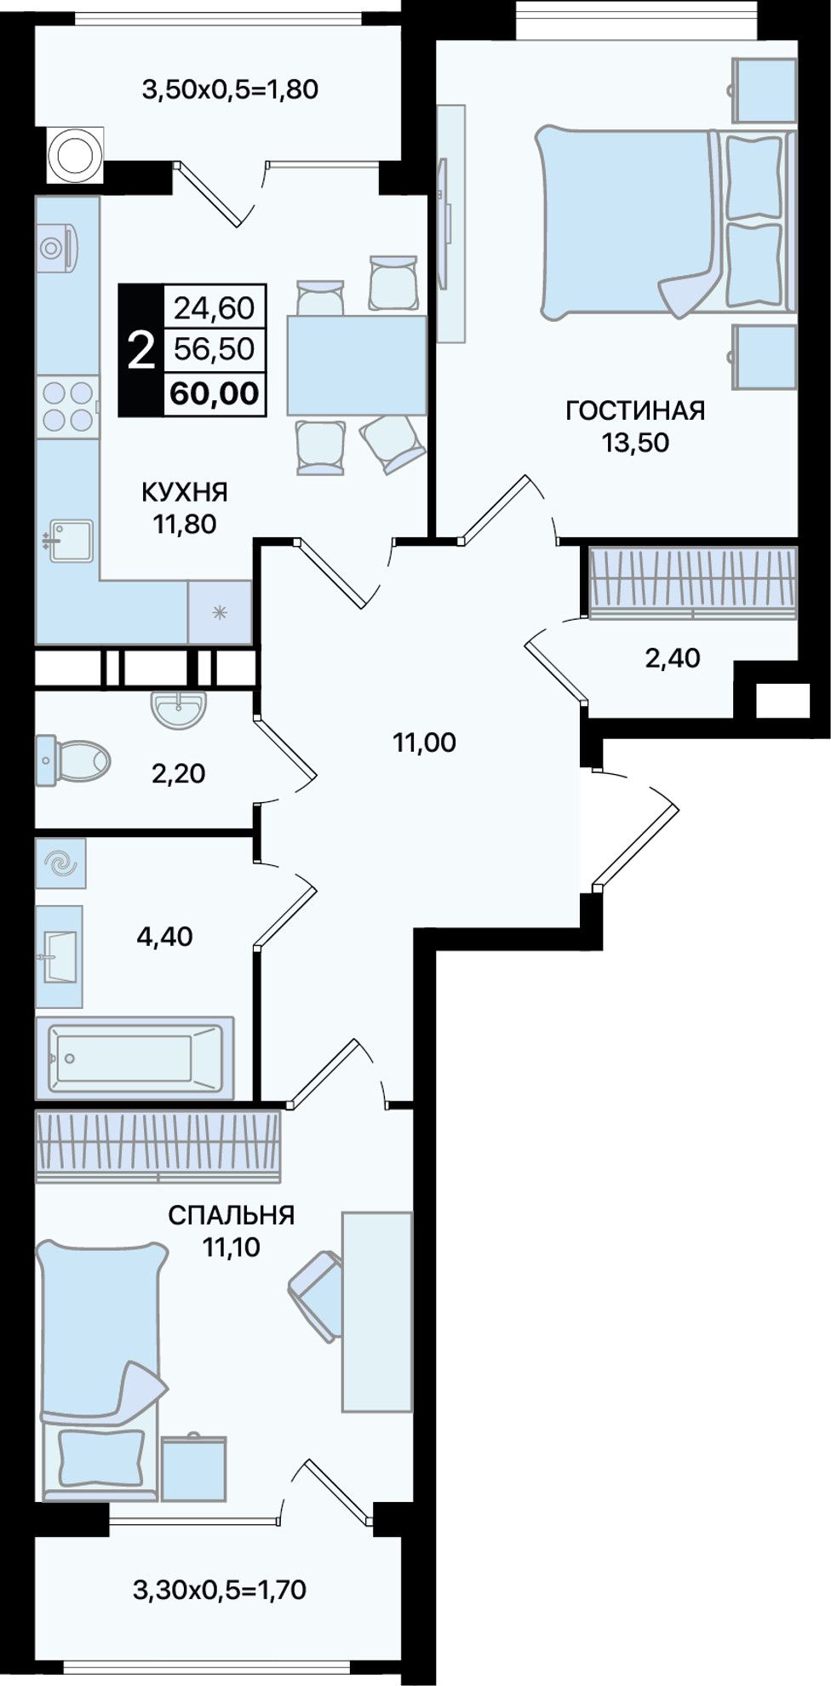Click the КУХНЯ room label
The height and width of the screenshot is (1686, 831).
pyautogui.click(x=184, y=492)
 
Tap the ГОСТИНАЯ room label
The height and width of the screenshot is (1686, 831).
pyautogui.click(x=635, y=410)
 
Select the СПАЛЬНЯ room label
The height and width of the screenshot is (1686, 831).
pyautogui.click(x=231, y=1215)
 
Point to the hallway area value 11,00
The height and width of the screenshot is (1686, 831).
pyautogui.click(x=424, y=743)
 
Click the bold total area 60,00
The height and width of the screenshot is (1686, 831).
pyautogui.click(x=215, y=393)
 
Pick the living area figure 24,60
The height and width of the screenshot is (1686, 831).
pyautogui.click(x=215, y=307)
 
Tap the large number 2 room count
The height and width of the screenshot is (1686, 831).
pyautogui.click(x=140, y=351)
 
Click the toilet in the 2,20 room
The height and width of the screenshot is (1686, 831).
pyautogui.click(x=73, y=760)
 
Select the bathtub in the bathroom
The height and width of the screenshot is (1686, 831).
pyautogui.click(x=135, y=1057)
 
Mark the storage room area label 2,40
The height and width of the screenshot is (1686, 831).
pyautogui.click(x=673, y=657)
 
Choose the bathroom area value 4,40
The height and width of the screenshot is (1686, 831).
pyautogui.click(x=164, y=937)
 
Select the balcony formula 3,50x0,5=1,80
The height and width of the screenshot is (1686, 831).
pyautogui.click(x=230, y=89)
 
